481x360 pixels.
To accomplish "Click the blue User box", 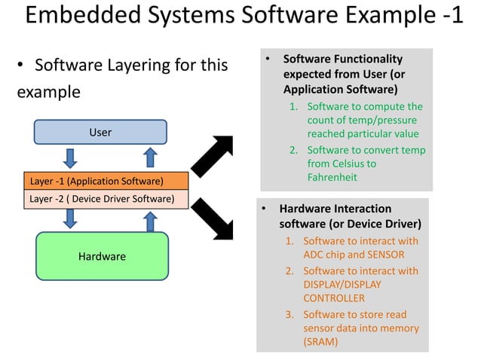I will [100, 132].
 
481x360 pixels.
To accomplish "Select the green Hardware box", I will [102, 257].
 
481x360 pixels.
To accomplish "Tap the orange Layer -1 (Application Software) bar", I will [105, 182].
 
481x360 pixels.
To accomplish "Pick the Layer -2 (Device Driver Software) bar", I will [105, 199].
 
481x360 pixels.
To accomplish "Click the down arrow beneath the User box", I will [70, 157].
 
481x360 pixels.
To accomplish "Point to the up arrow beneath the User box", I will [150, 157].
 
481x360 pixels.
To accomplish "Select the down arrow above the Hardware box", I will [70, 218].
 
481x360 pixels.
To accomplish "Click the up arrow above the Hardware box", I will [150, 221].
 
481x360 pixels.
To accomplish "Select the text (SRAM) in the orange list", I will [320, 341].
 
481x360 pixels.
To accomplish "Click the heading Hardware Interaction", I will [335, 209].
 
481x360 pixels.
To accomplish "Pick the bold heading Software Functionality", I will [342, 59].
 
